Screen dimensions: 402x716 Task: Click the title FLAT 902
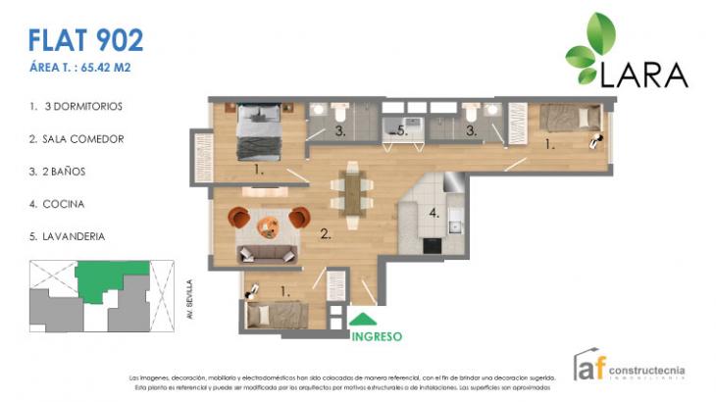[x=86, y=40]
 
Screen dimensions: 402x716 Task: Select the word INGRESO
[x=376, y=335]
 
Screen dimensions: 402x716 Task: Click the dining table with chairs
[x=351, y=191]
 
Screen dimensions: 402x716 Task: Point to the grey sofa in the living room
[x=268, y=254]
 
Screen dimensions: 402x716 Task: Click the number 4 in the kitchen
[x=433, y=209]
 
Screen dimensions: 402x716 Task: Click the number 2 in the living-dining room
[x=325, y=234]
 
